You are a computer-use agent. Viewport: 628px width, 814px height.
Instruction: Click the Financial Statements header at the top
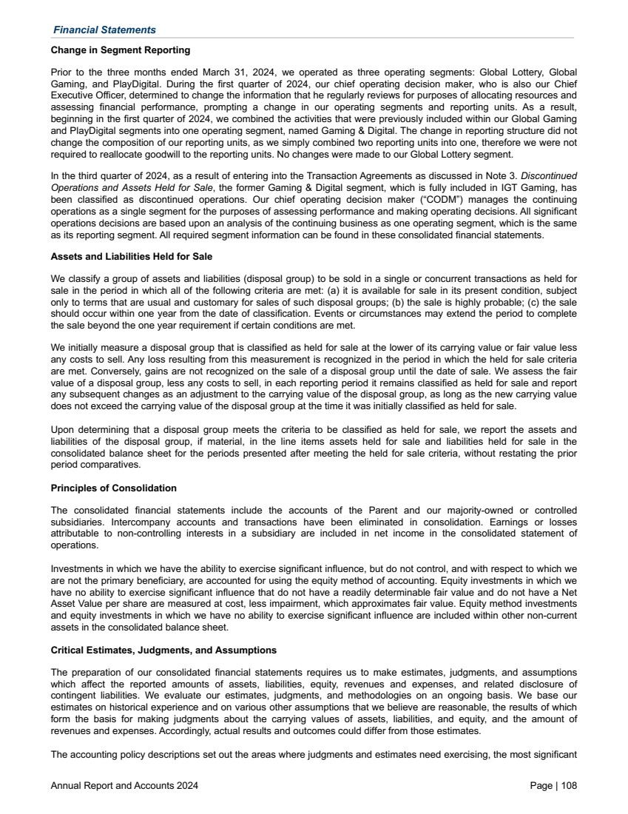tap(104, 30)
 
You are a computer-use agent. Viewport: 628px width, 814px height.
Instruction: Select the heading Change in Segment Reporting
tap(121, 50)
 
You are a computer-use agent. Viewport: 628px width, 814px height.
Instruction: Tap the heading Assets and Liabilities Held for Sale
tap(132, 256)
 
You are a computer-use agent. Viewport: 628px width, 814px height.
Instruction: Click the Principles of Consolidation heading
tap(113, 488)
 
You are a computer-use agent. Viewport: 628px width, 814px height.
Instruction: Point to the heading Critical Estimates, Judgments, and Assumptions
tap(163, 650)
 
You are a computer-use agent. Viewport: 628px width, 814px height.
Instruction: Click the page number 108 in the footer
tap(568, 785)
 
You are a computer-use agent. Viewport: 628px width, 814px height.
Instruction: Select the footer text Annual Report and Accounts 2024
tap(124, 785)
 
